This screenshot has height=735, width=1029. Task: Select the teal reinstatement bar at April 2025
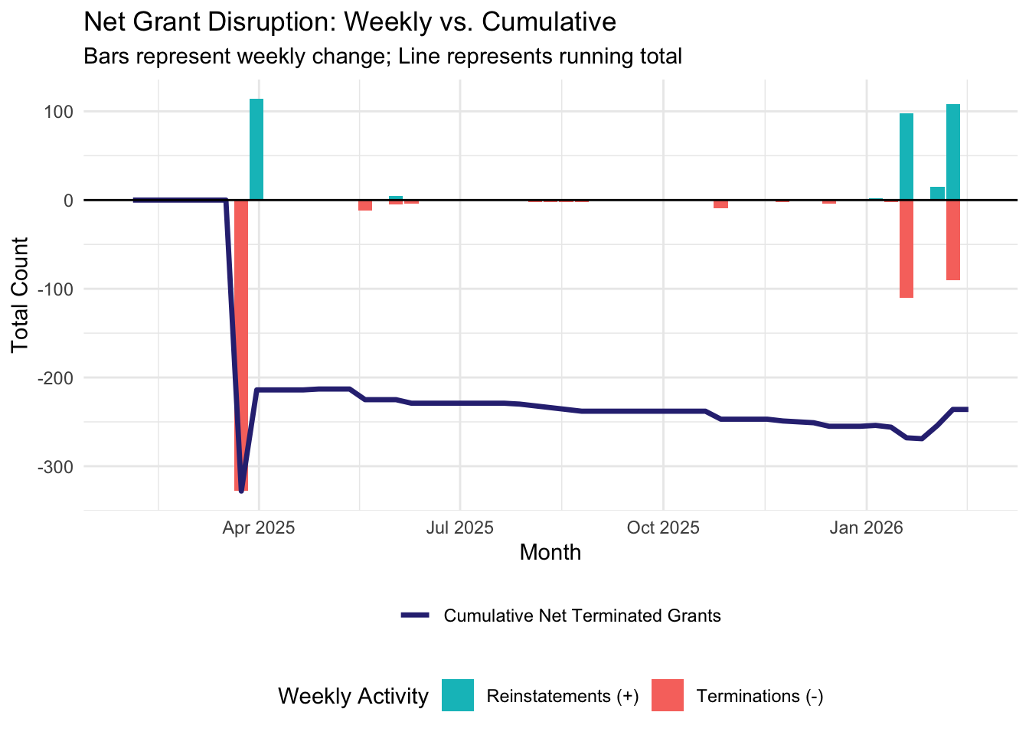(x=256, y=149)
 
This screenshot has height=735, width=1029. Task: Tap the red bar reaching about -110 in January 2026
(x=906, y=249)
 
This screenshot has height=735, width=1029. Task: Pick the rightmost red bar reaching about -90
(x=953, y=240)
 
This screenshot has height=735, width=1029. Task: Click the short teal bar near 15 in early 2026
(x=937, y=193)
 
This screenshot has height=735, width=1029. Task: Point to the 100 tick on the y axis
(x=58, y=112)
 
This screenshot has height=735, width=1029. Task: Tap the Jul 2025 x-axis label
(x=460, y=528)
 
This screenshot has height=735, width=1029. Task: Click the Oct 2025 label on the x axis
(x=663, y=528)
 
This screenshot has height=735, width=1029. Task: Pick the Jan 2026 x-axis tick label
(x=867, y=528)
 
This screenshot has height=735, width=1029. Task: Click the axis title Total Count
(x=21, y=295)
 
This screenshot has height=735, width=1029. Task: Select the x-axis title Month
(x=550, y=553)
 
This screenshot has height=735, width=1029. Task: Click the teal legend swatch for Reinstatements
(x=458, y=696)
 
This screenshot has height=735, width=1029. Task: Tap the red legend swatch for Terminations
(x=667, y=696)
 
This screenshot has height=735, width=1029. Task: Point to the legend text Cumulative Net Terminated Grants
(x=582, y=616)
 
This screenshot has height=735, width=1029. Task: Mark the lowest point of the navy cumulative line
(x=241, y=491)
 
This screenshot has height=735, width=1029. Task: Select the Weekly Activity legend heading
(x=353, y=697)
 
